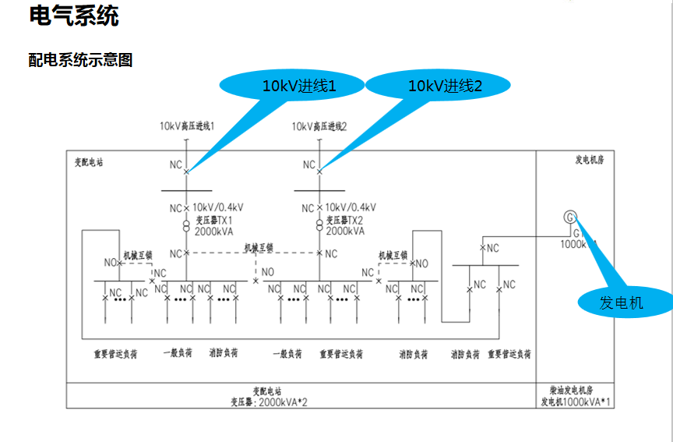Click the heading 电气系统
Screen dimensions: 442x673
point(74,16)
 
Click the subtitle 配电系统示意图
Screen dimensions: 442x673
point(80,60)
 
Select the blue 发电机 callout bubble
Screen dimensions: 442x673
point(622,303)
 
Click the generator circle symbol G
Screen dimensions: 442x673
point(571,217)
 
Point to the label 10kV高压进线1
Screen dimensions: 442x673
point(187,126)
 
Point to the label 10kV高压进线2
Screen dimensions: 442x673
point(319,126)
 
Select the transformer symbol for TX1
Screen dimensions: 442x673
point(186,226)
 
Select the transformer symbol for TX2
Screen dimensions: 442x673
point(319,226)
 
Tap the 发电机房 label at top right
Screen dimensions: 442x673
point(589,160)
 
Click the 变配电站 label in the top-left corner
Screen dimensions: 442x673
point(88,162)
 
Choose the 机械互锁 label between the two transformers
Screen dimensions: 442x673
point(259,248)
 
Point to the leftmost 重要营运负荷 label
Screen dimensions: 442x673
point(115,354)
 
